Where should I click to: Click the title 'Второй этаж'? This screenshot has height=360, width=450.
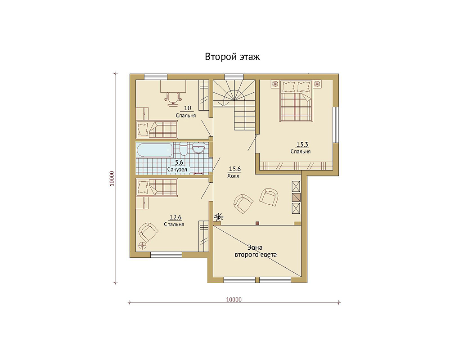click(x=232, y=57)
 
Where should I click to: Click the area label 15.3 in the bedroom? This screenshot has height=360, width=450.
click(x=302, y=144)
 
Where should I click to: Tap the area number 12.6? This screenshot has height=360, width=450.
click(x=175, y=217)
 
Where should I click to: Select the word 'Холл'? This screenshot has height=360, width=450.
click(x=233, y=176)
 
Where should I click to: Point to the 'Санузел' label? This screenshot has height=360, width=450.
click(x=177, y=170)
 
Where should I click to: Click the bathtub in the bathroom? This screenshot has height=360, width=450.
click(x=155, y=150)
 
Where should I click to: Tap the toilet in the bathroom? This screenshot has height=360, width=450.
click(x=184, y=148)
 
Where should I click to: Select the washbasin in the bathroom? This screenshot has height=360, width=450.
click(x=198, y=148)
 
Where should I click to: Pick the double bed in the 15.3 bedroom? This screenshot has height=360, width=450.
click(x=296, y=101)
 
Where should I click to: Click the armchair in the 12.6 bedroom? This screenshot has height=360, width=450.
click(x=148, y=232)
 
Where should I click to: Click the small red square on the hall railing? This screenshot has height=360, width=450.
click(x=257, y=223)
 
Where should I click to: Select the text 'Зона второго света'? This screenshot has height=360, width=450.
click(x=256, y=251)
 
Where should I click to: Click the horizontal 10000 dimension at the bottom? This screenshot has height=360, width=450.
click(x=234, y=299)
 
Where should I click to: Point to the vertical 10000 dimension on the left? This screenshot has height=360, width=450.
click(x=112, y=179)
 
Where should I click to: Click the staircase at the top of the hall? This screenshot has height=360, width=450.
click(x=234, y=104)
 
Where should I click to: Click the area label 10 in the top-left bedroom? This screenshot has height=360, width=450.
click(x=187, y=108)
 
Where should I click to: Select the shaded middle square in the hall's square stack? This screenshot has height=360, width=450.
click(x=296, y=197)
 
